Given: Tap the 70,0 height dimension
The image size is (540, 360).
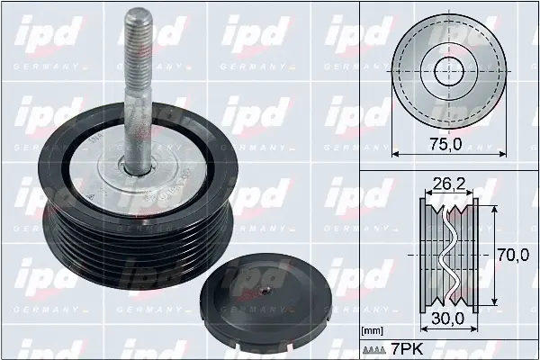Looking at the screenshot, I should (x=514, y=255).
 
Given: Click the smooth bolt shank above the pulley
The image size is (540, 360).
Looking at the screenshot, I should (x=140, y=108).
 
